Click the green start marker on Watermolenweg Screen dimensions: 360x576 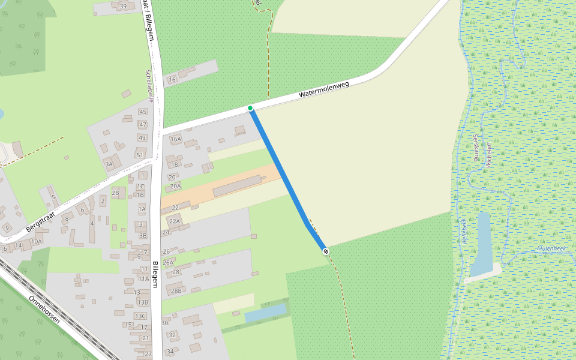pyautogui.click(x=250, y=108)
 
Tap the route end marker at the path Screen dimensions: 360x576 pyautogui.click(x=325, y=251)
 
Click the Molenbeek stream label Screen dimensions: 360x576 pyautogui.click(x=551, y=248)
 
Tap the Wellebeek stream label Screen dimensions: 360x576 pyautogui.click(x=463, y=230)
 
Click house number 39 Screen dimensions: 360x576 pyautogui.click(x=124, y=7)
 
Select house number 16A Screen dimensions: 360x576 pyautogui.click(x=175, y=139)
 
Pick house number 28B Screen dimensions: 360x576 pyautogui.click(x=176, y=291)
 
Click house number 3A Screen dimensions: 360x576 pyautogui.click(x=109, y=163)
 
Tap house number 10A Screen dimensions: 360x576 pyautogui.click(x=37, y=242)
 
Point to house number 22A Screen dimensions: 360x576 pyautogui.click(x=175, y=221)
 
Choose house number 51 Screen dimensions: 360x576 pyautogui.click(x=140, y=155)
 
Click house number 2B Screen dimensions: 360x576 pyautogui.click(x=115, y=193)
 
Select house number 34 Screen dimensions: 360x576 pyautogui.click(x=170, y=352)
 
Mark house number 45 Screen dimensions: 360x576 pyautogui.click(x=142, y=112)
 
